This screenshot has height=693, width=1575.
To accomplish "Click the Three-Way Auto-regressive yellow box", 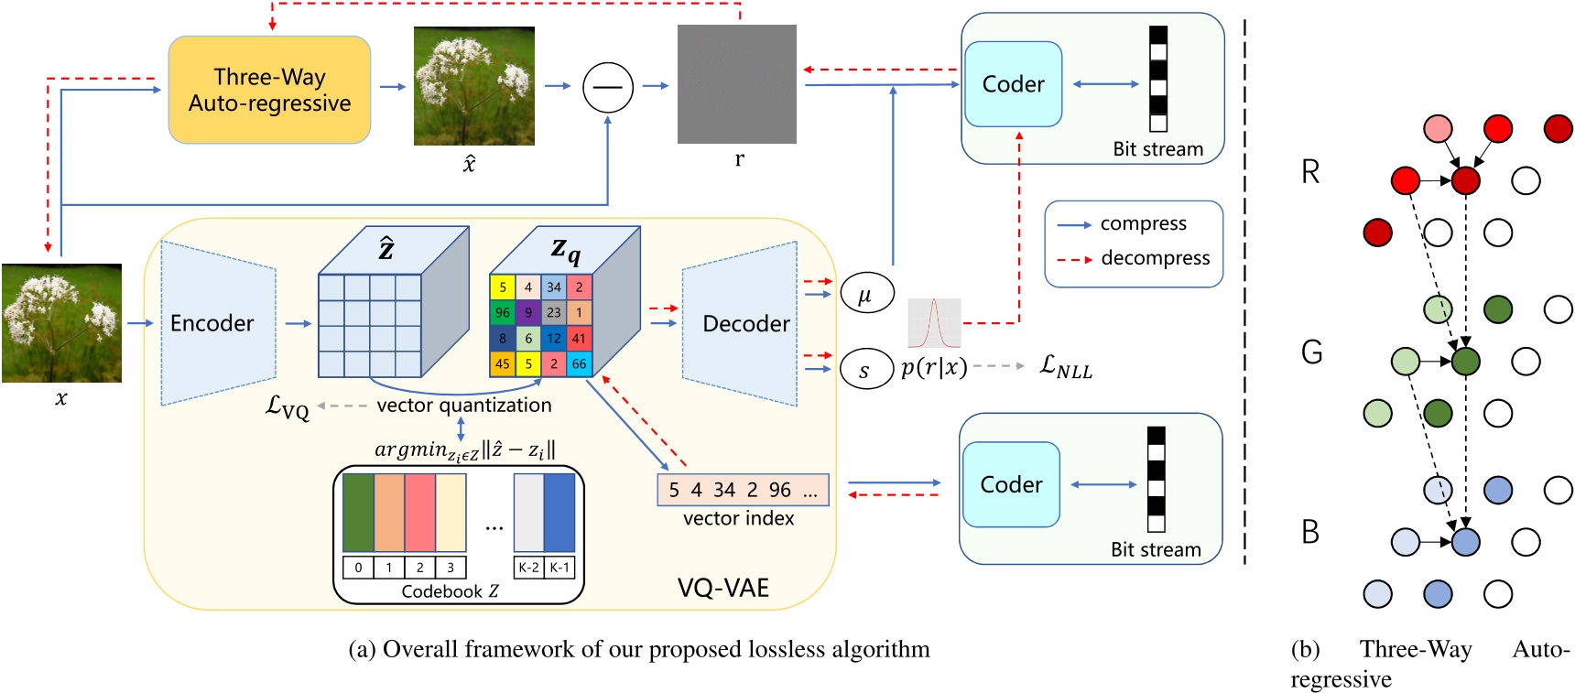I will (269, 90).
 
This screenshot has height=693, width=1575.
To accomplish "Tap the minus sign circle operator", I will (608, 87).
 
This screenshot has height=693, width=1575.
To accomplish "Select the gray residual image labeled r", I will (736, 84).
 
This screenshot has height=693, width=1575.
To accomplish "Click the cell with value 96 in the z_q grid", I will (503, 312).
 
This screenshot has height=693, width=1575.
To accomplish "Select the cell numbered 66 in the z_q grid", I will (579, 363).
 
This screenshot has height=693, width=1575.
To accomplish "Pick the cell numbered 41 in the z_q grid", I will (579, 338).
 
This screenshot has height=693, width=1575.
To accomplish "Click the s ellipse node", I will (865, 371).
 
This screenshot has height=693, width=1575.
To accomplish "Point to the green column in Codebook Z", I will (358, 513).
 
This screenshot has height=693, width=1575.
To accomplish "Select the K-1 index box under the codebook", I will (559, 568).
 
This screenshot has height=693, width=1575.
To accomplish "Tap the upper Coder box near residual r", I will (1013, 84).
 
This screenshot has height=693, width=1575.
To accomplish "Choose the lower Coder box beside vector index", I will (1011, 484).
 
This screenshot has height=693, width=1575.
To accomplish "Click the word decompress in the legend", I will (1155, 258).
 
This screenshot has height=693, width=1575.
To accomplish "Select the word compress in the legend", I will (1143, 223).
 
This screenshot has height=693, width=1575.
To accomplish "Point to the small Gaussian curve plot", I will (934, 323).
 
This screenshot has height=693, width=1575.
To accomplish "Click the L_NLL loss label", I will (1066, 367).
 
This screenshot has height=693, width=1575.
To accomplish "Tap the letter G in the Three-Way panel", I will (1311, 352).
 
